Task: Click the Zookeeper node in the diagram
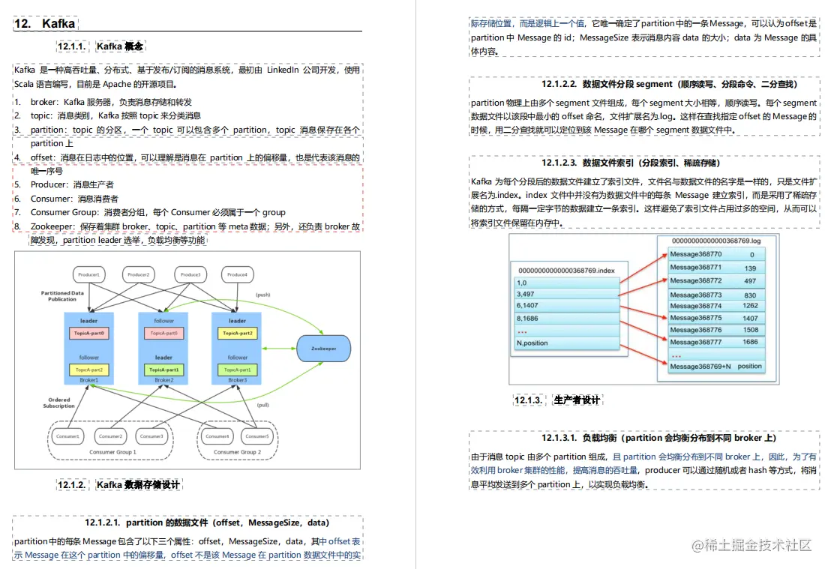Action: pyautogui.click(x=322, y=349)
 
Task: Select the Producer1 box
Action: pyautogui.click(x=89, y=274)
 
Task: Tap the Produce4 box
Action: pyautogui.click(x=237, y=274)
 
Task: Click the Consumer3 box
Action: pyautogui.click(x=151, y=436)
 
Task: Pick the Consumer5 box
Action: pyautogui.click(x=257, y=436)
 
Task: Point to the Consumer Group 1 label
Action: pyautogui.click(x=112, y=452)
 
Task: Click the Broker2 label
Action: pyautogui.click(x=163, y=380)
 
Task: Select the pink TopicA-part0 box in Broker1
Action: pyautogui.click(x=89, y=333)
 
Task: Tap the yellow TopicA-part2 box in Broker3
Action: pyautogui.click(x=237, y=333)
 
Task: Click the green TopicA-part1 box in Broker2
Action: pyautogui.click(x=163, y=370)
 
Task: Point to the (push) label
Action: pyautogui.click(x=262, y=295)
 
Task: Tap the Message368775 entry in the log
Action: pyautogui.click(x=696, y=318)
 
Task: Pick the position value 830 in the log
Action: pyautogui.click(x=750, y=295)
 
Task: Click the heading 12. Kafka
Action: pyautogui.click(x=44, y=24)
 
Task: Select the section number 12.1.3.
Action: pyautogui.click(x=528, y=400)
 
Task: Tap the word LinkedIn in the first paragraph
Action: pyautogui.click(x=283, y=70)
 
